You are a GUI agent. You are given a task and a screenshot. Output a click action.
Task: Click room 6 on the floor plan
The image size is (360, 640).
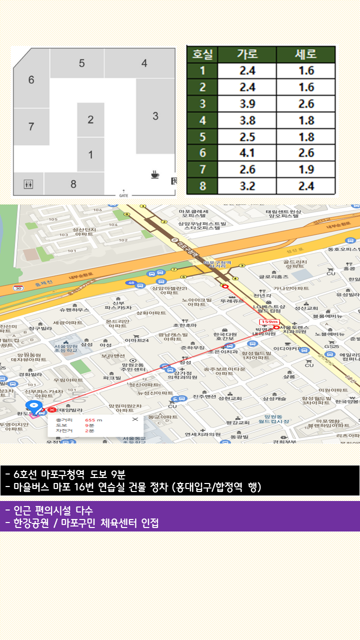coord(31,80)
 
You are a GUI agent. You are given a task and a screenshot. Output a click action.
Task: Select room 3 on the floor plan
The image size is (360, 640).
coord(155,116)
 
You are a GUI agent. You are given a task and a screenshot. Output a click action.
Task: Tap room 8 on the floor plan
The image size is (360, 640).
coord(73,184)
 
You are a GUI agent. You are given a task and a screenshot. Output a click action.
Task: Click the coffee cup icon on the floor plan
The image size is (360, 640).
coord(155,174)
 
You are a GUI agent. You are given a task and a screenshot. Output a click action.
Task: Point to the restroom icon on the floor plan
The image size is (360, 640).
coord(28,184)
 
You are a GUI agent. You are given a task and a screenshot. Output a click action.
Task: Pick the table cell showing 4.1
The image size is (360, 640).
coord(247,153)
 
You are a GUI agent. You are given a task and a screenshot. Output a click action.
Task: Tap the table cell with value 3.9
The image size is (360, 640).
coord(247,104)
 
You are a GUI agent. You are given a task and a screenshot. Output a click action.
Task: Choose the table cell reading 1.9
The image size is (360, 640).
coord(306,170)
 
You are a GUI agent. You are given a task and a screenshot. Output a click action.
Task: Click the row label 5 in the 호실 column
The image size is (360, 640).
coord(202,137)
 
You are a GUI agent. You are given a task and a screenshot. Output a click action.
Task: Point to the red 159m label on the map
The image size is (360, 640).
coord(268,321)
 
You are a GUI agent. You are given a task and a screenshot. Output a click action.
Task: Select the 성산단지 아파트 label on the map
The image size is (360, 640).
coord(83,231)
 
